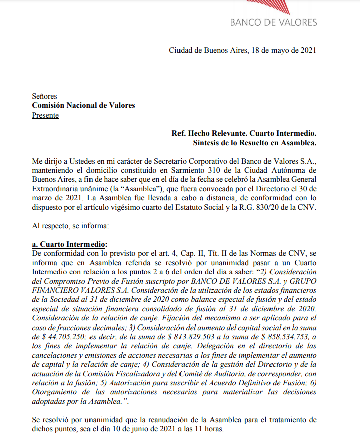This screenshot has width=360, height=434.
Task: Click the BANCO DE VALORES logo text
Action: click(x=274, y=22)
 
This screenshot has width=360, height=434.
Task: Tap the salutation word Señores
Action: click(x=45, y=96)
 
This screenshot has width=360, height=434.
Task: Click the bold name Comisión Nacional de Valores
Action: click(x=83, y=105)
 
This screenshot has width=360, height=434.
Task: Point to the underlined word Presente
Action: click(x=45, y=115)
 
